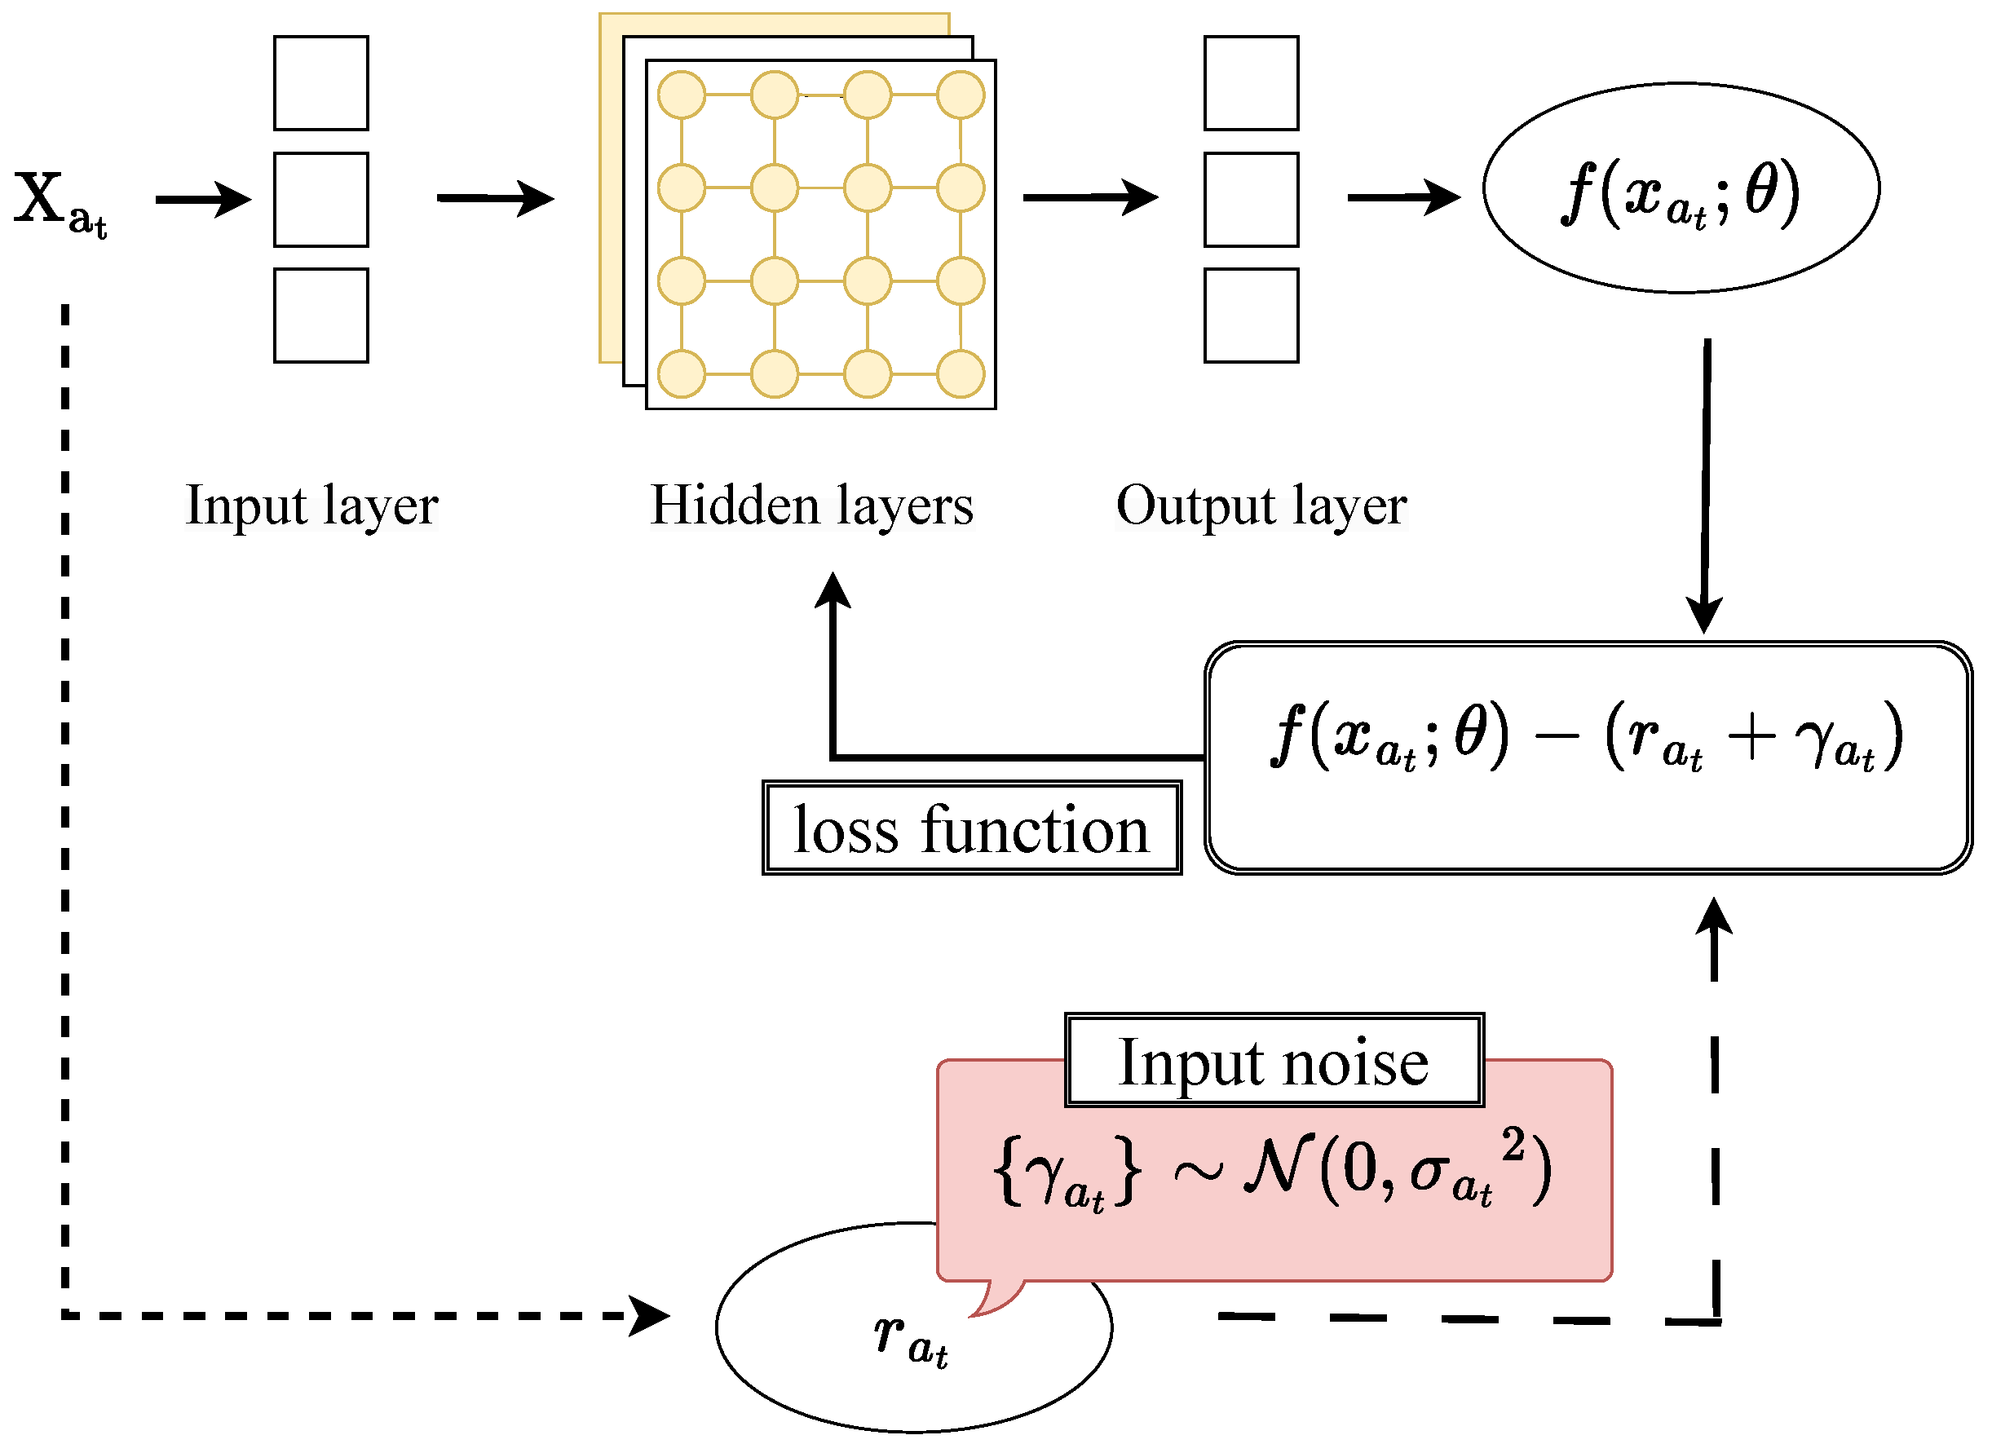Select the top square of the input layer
[x=320, y=83]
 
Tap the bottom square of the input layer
[x=320, y=316]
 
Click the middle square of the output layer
[x=1251, y=200]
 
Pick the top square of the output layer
[x=1251, y=83]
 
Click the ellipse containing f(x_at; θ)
[x=1681, y=188]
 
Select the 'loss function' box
[x=971, y=828]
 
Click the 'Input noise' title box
[x=1274, y=1060]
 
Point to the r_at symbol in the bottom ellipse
[x=910, y=1339]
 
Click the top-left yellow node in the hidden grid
[x=682, y=95]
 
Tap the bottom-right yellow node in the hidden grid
[x=960, y=374]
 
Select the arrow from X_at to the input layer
[x=204, y=200]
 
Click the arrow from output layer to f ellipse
[x=1402, y=197]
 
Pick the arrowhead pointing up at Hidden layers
[x=833, y=590]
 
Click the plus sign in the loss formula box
[x=1751, y=736]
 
